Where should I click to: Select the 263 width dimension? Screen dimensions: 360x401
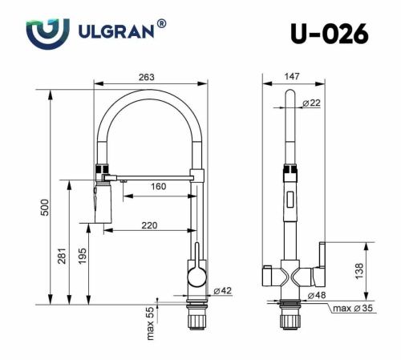[146, 77]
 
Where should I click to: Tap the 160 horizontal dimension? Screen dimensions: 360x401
[157, 187]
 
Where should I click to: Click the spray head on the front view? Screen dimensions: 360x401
[101, 200]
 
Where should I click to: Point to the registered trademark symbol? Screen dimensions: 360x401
[163, 25]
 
